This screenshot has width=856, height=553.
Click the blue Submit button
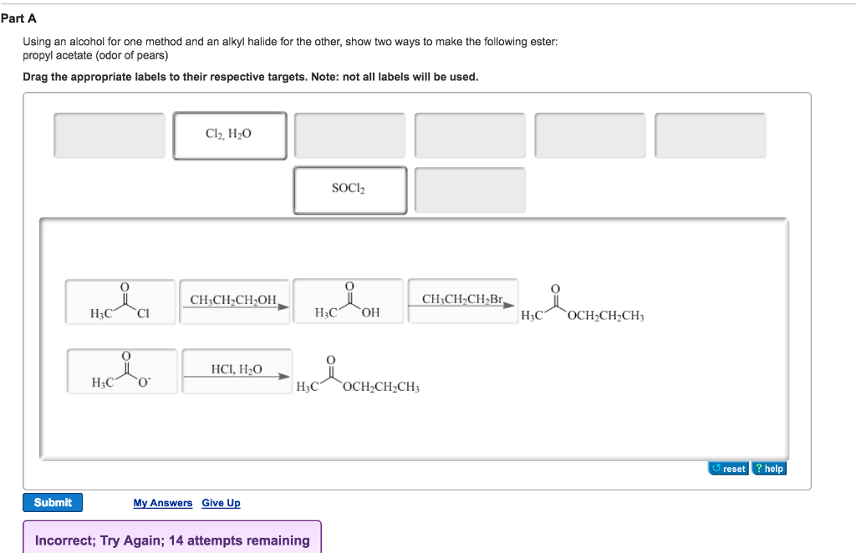click(53, 502)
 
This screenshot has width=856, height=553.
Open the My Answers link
click(162, 503)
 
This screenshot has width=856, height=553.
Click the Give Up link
click(221, 503)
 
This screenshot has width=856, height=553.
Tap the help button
click(769, 469)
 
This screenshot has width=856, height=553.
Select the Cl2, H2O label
click(229, 134)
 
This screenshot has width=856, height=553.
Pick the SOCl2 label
click(349, 190)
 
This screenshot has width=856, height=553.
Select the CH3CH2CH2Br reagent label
click(462, 300)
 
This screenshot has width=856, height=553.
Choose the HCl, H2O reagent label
click(237, 369)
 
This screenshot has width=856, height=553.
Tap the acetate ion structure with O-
click(122, 372)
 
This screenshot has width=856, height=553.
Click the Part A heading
click(18, 18)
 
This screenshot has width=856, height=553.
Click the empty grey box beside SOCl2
click(470, 190)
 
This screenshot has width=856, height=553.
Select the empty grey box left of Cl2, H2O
click(110, 134)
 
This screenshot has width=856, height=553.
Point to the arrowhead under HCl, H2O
click(284, 376)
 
